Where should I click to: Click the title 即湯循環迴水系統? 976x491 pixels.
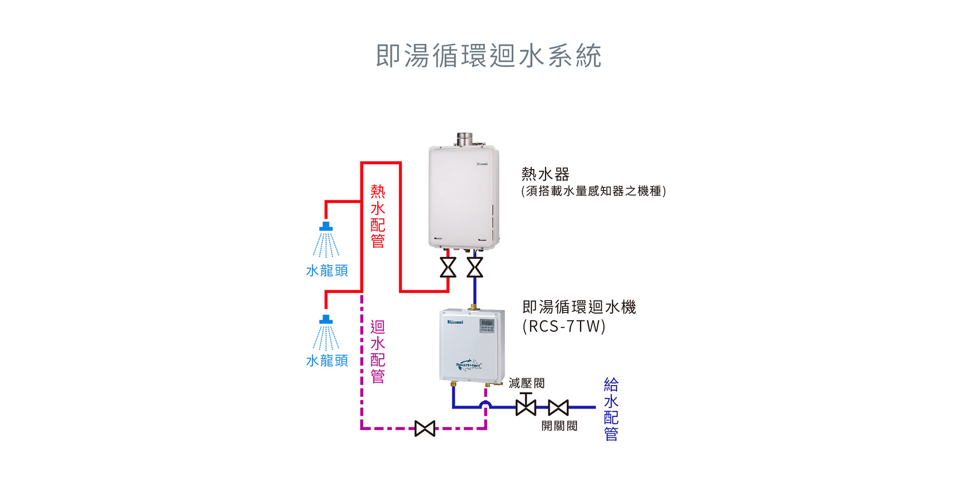pos(489,55)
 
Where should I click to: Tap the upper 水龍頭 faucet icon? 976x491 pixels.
pos(326,239)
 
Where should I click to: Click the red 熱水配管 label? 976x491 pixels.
pos(378,216)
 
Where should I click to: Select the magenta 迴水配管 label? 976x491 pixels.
pos(378,351)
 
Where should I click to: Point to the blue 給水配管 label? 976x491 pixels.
pos(611,409)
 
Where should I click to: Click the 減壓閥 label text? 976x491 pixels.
pos(527,383)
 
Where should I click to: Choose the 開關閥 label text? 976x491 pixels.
pos(559,426)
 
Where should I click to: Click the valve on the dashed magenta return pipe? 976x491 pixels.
pos(425,428)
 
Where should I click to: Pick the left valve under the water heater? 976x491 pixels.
pos(448,268)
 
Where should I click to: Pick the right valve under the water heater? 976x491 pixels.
pos(475,268)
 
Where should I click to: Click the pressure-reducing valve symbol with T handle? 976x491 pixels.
pos(526,405)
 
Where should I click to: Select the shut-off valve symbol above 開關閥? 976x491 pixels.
pos(558,408)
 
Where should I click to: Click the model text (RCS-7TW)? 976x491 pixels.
pos(564,326)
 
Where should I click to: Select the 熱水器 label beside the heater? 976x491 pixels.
pos(545,174)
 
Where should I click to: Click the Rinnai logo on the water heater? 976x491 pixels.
pos(482,164)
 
